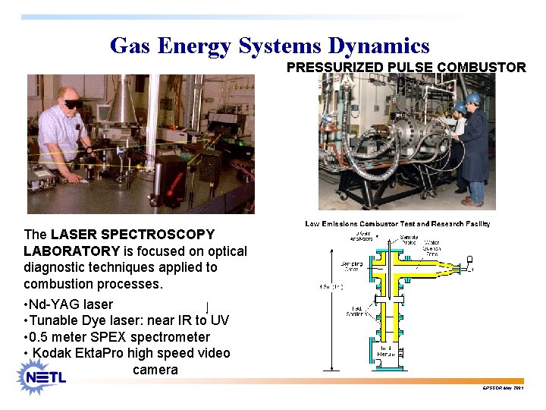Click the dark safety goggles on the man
point(74,103)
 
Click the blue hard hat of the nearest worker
point(473,99)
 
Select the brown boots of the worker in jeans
point(472,201)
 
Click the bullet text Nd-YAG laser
point(71,304)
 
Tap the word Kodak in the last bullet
point(52,354)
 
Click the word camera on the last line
point(155,371)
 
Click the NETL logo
point(44,376)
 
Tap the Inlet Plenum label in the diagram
point(389,352)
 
